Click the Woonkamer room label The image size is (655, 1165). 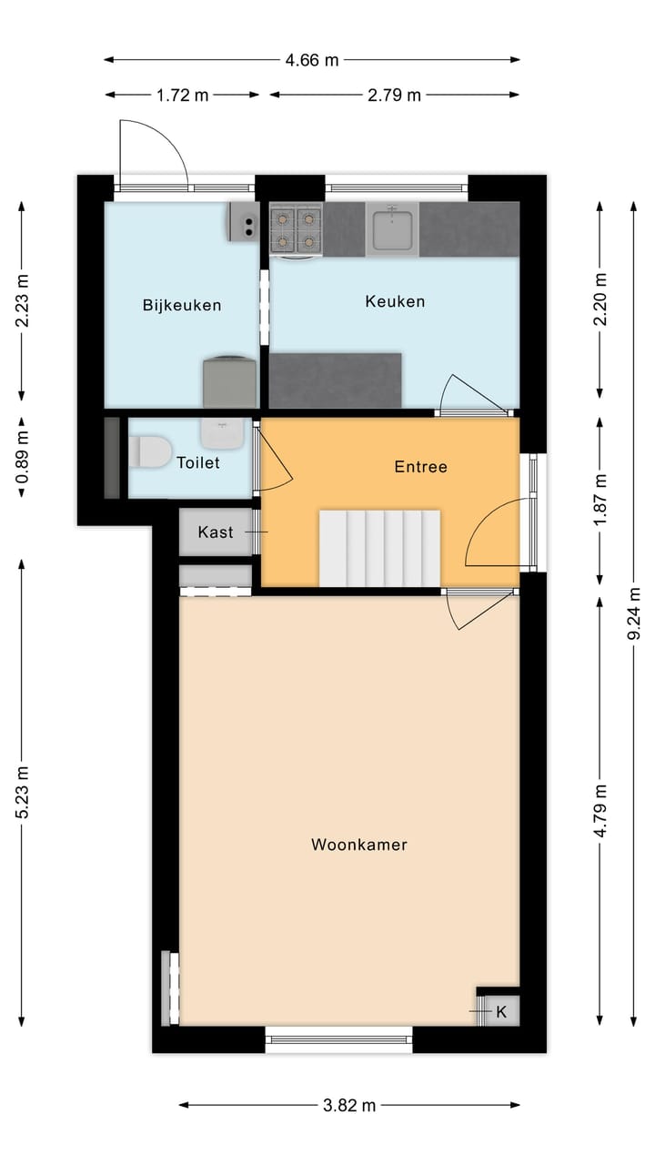pos(358,845)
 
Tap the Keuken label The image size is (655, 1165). pos(395,301)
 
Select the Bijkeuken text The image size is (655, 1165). pos(182,305)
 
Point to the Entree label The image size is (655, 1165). pos(420,467)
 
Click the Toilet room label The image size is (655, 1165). pos(198,463)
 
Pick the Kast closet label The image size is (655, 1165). pos(216,532)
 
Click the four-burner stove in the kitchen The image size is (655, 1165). pos(297,229)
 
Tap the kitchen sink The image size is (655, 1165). pos(392,228)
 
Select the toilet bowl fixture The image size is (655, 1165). pos(149,452)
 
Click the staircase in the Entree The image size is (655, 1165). pos(379,548)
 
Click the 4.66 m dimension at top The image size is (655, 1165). pos(311,61)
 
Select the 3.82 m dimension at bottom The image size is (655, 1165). pos(349,1106)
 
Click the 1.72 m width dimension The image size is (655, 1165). pos(183,95)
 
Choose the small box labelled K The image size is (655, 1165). pos(499,1011)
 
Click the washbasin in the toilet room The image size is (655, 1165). pos(222,433)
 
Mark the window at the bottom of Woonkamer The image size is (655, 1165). pos(338,1038)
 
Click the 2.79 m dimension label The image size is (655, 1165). pos(394,95)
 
